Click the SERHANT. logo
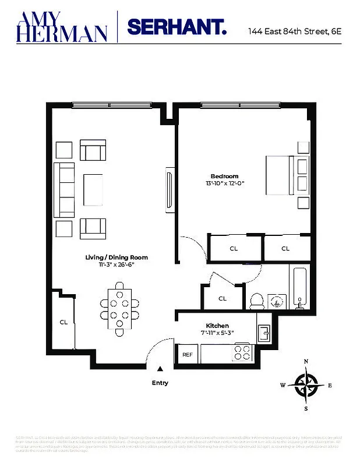(x=177, y=27)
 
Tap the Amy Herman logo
(x=62, y=26)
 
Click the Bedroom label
(x=224, y=176)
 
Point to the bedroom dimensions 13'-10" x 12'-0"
(x=224, y=183)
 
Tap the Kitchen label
(x=217, y=326)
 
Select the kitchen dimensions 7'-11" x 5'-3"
(x=217, y=333)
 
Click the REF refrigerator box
(x=188, y=354)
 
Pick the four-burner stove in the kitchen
(x=242, y=352)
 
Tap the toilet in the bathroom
(x=256, y=301)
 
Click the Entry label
(x=160, y=383)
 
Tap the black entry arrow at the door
(x=160, y=369)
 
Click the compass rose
(x=306, y=384)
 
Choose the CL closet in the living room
(x=63, y=322)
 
